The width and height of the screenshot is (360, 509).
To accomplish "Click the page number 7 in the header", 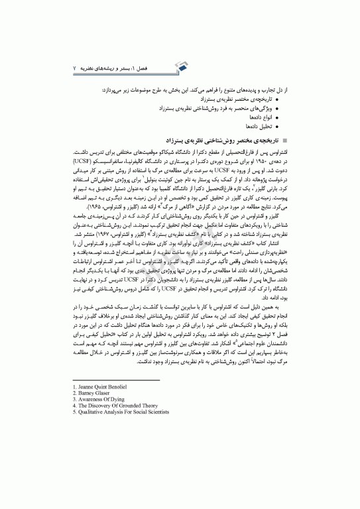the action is pos(74,69).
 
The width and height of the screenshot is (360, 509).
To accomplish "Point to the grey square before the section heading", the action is pos(286,141).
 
